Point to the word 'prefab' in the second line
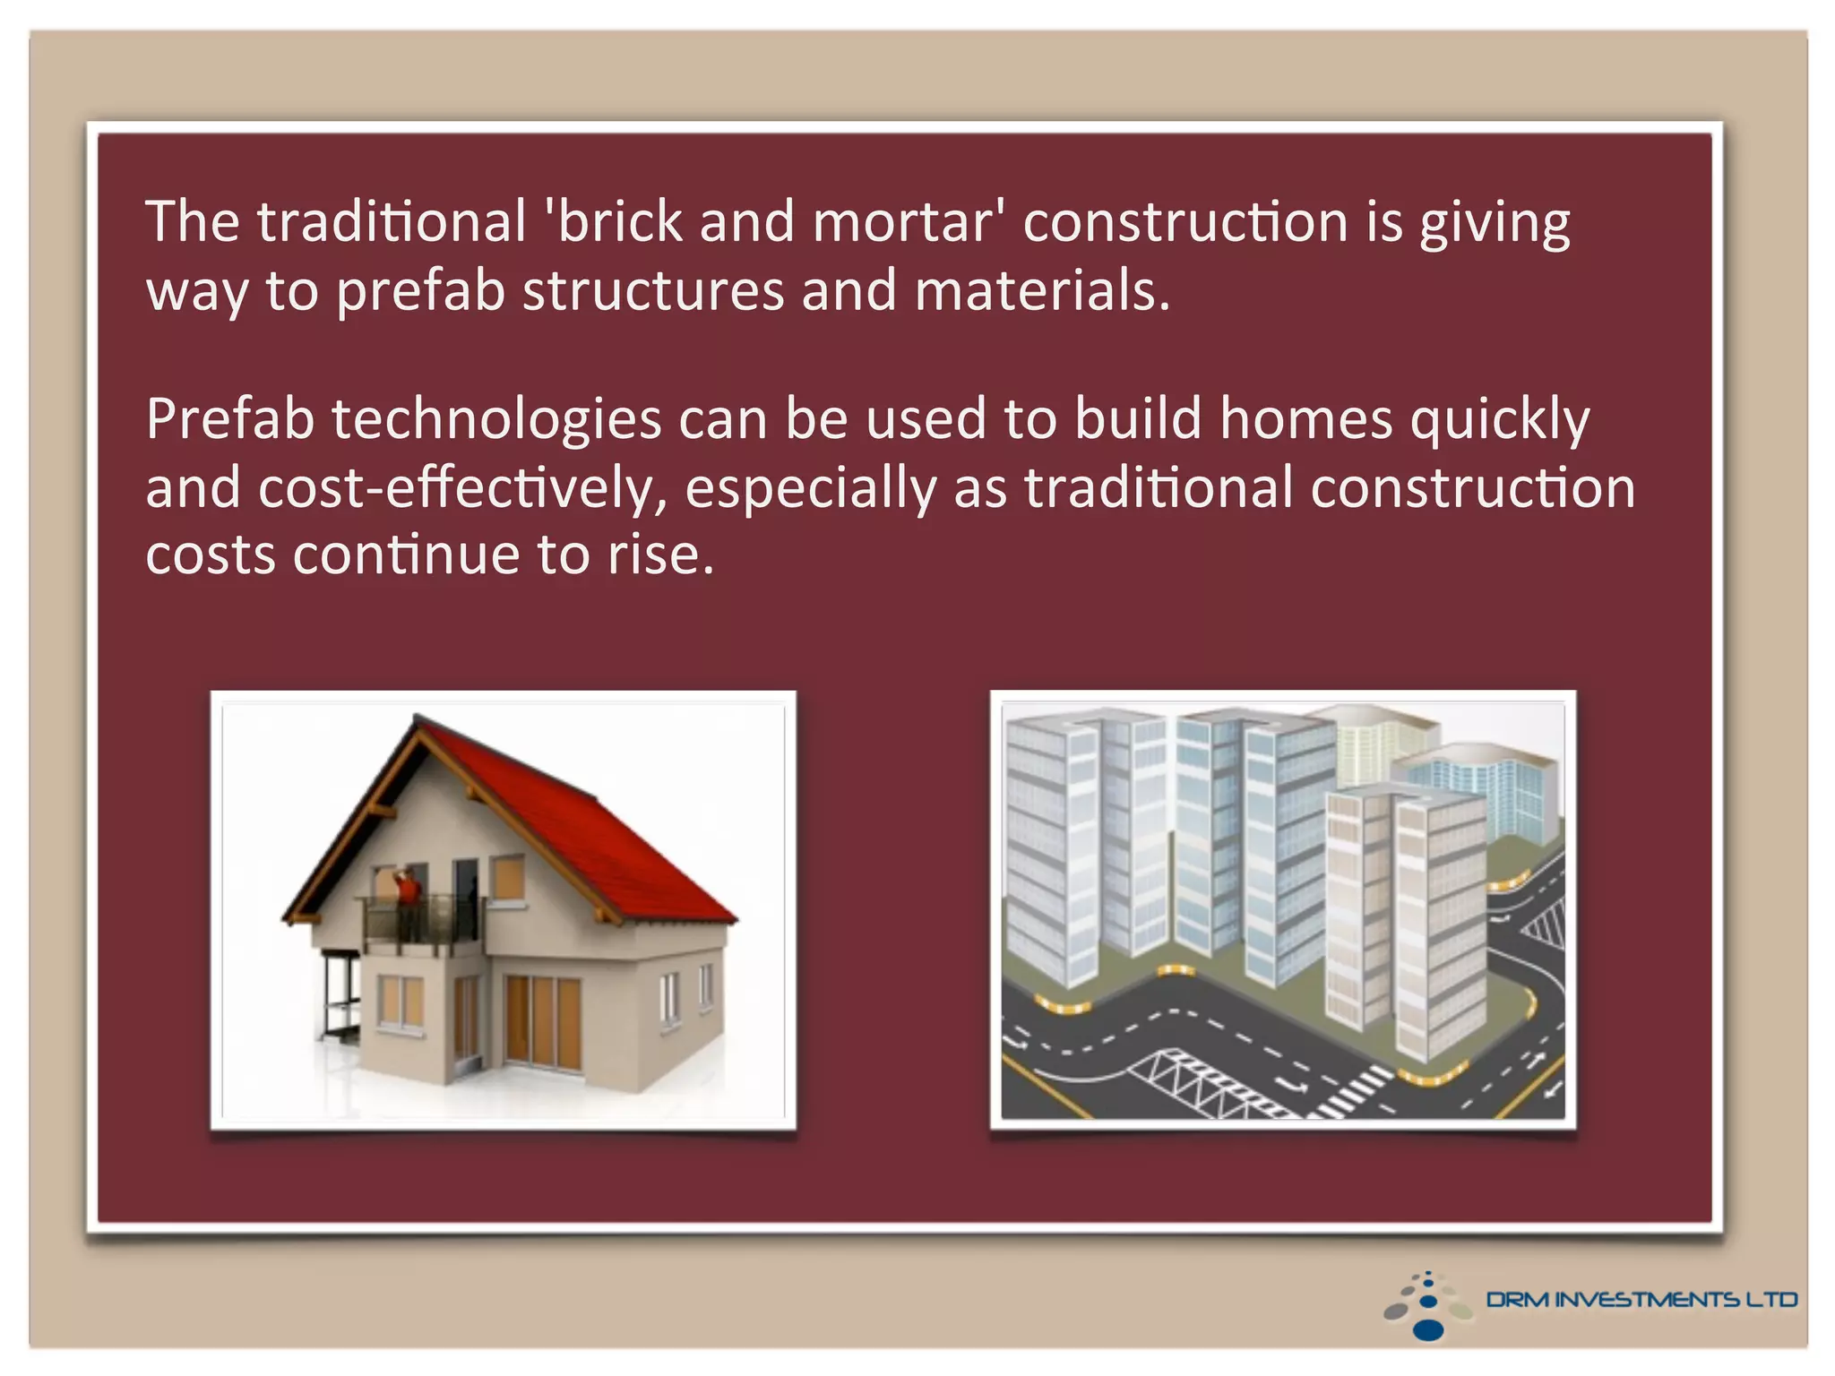click(420, 292)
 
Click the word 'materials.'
click(1042, 291)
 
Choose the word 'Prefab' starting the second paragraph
click(229, 419)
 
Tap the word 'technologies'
click(495, 421)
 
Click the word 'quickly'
click(1500, 421)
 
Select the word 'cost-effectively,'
click(462, 489)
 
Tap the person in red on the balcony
click(408, 891)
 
